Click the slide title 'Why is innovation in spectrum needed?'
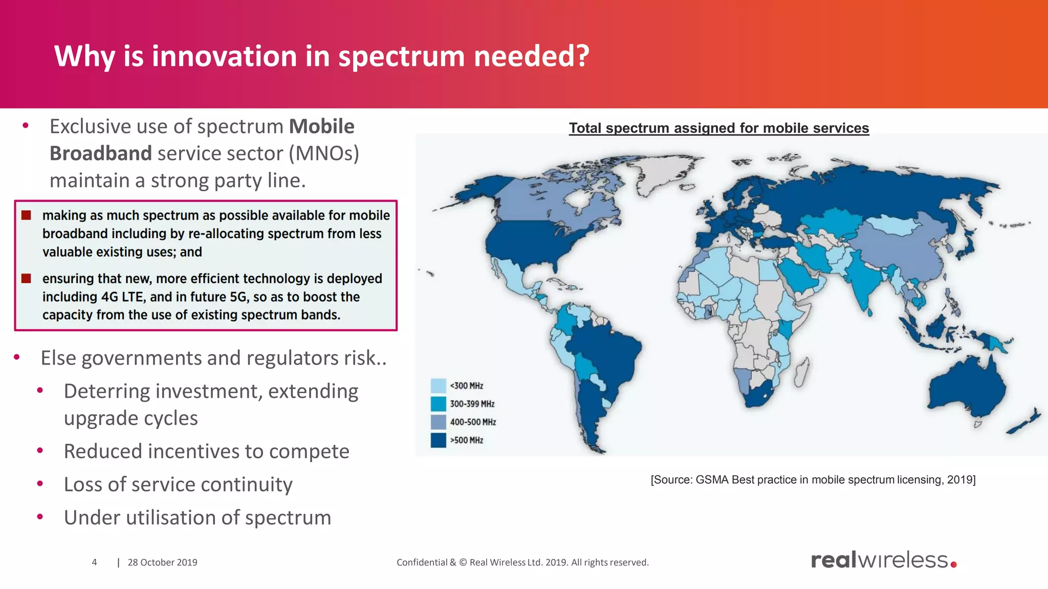(321, 56)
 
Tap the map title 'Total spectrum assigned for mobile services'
(719, 128)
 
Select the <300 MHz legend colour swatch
(438, 386)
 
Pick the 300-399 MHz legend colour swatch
(438, 404)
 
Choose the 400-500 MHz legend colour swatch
(438, 422)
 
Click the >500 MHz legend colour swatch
(438, 440)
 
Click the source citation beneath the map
(813, 480)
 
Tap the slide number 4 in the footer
(94, 562)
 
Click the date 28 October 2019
(162, 562)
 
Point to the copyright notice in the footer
(522, 562)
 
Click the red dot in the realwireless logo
(953, 564)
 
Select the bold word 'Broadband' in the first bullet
(101, 153)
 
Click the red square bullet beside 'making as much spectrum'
(26, 215)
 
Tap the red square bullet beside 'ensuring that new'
(26, 279)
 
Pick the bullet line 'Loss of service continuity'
(178, 485)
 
